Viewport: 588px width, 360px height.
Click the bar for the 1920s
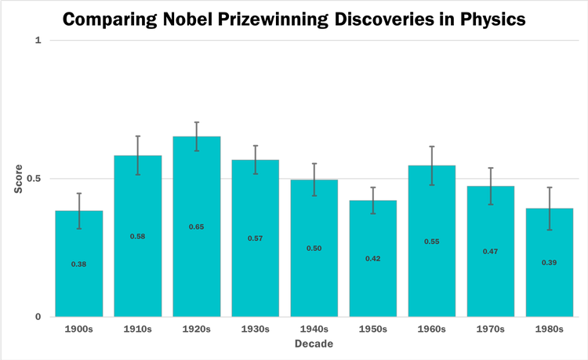pos(197,227)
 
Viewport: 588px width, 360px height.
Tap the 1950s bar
pos(373,259)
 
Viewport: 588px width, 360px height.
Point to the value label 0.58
pos(138,236)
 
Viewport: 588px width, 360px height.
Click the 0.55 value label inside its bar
pos(432,242)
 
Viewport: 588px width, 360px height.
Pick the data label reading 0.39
pos(550,262)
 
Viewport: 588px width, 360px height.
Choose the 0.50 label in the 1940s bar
pos(314,248)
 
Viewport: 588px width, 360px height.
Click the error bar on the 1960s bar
pos(432,165)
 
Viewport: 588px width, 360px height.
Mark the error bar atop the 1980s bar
pos(550,209)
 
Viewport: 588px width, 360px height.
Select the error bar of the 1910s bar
pos(138,155)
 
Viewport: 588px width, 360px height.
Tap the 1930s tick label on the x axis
pos(256,329)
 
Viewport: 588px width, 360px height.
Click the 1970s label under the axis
pos(491,329)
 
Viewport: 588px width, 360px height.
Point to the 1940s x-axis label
pos(314,329)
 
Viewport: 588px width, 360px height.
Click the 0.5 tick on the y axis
pos(34,179)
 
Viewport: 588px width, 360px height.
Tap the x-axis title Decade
pos(314,344)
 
